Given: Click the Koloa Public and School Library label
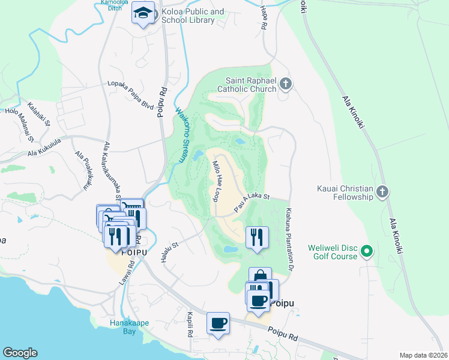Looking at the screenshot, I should click(x=192, y=16).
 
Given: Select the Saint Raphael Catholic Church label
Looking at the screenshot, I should click(x=251, y=85).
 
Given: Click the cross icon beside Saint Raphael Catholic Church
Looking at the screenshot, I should click(x=286, y=84).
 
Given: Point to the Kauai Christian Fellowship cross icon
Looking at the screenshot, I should click(x=383, y=192).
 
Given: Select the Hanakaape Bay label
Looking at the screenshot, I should click(x=129, y=327).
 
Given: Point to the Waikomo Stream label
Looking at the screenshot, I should click(x=180, y=135).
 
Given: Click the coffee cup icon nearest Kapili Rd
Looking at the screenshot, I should click(x=218, y=322).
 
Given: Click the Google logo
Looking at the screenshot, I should click(x=20, y=353).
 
